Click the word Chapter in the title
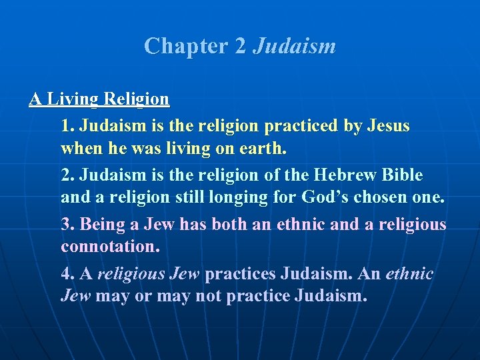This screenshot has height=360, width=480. click(175, 47)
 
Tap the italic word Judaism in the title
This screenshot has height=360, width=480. click(294, 47)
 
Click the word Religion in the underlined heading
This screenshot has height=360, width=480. click(136, 99)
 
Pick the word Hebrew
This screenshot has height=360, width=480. click(351, 175)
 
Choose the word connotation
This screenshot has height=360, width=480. click(109, 246)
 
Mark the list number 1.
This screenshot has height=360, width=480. click(67, 125)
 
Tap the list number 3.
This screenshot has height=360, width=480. click(67, 224)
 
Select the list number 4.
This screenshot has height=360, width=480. click(67, 273)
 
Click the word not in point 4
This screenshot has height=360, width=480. click(207, 295)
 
